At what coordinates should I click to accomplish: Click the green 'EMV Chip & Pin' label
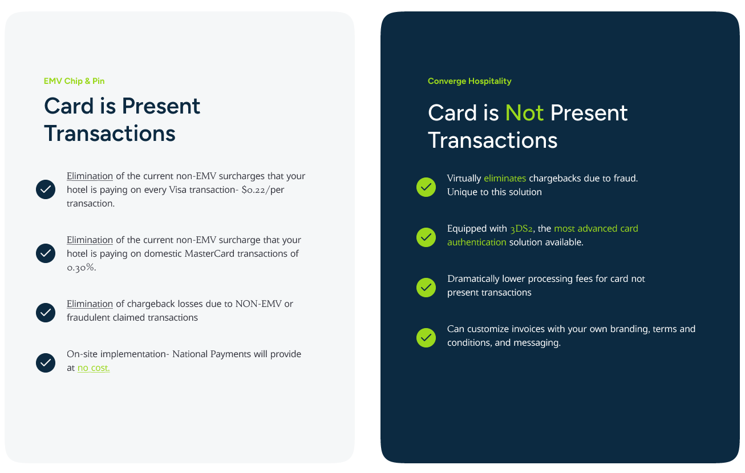coord(74,81)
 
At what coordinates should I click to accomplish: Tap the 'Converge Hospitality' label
coord(469,81)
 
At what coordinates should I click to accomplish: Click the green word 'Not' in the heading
coord(524,113)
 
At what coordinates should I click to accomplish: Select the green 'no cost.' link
coord(94,367)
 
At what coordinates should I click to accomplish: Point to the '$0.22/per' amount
coord(263,189)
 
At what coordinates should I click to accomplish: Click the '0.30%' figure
coord(81,267)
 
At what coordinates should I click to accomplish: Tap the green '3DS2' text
coord(521,229)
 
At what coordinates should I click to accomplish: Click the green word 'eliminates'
coord(504,178)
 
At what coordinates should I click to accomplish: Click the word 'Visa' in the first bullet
coord(177,189)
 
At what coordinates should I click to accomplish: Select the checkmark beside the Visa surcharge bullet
coord(46,189)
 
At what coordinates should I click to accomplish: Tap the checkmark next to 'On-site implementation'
coord(46,362)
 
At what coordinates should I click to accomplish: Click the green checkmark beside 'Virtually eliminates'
coord(426,187)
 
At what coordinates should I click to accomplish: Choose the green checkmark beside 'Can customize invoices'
coord(426,338)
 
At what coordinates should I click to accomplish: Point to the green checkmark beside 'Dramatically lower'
coord(426,288)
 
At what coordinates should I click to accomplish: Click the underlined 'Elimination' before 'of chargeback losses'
coord(90,304)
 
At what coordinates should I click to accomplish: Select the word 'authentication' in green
coord(476,242)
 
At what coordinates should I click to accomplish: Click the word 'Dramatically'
coord(473,279)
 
